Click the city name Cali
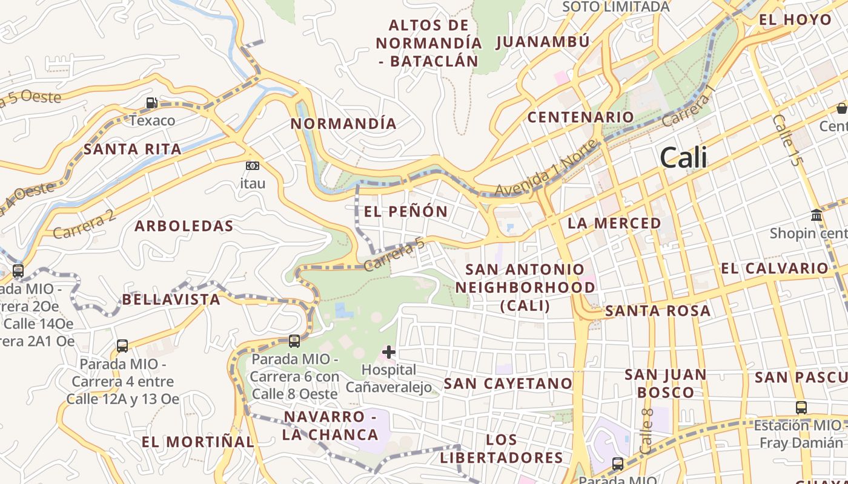tap(683, 158)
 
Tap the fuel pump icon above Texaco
tap(151, 103)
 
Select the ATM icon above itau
tap(252, 166)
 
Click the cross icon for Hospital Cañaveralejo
tap(389, 352)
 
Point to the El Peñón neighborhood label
tap(406, 212)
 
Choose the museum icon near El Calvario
tap(816, 215)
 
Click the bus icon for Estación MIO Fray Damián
tap(801, 408)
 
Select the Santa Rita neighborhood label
tap(133, 149)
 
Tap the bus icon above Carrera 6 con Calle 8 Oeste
tap(294, 341)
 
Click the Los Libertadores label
tap(502, 449)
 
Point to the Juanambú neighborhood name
tap(543, 42)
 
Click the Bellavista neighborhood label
tap(171, 299)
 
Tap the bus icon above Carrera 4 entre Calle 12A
tap(122, 346)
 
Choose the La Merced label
tap(614, 223)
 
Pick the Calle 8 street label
tap(646, 431)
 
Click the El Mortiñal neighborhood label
tap(197, 442)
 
